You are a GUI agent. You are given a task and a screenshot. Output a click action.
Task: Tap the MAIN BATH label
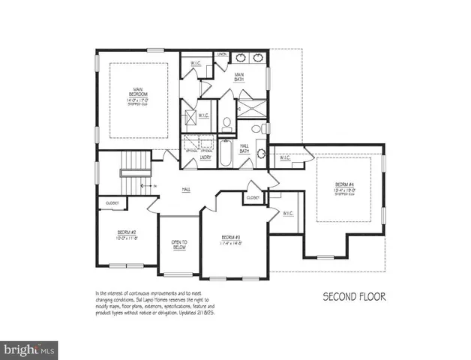pyautogui.click(x=240, y=76)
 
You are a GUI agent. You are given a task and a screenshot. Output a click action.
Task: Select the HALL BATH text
pyautogui.click(x=244, y=148)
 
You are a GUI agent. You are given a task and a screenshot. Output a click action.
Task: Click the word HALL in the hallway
pyautogui.click(x=185, y=190)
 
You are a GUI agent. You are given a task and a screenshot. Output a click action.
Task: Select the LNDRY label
pyautogui.click(x=205, y=157)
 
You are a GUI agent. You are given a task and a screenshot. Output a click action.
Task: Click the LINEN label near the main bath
pyautogui.click(x=222, y=55)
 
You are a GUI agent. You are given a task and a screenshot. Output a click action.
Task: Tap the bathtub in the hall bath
pyautogui.click(x=225, y=154)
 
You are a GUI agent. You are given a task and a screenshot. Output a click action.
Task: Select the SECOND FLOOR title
pyautogui.click(x=354, y=296)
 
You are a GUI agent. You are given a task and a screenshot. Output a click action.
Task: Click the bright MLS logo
pyautogui.click(x=28, y=349)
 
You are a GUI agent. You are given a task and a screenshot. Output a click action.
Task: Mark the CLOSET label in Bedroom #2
pyautogui.click(x=112, y=202)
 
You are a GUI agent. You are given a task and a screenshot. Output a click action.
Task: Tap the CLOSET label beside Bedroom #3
pyautogui.click(x=253, y=198)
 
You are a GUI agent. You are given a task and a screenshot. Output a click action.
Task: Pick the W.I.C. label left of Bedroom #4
pyautogui.click(x=285, y=158)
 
